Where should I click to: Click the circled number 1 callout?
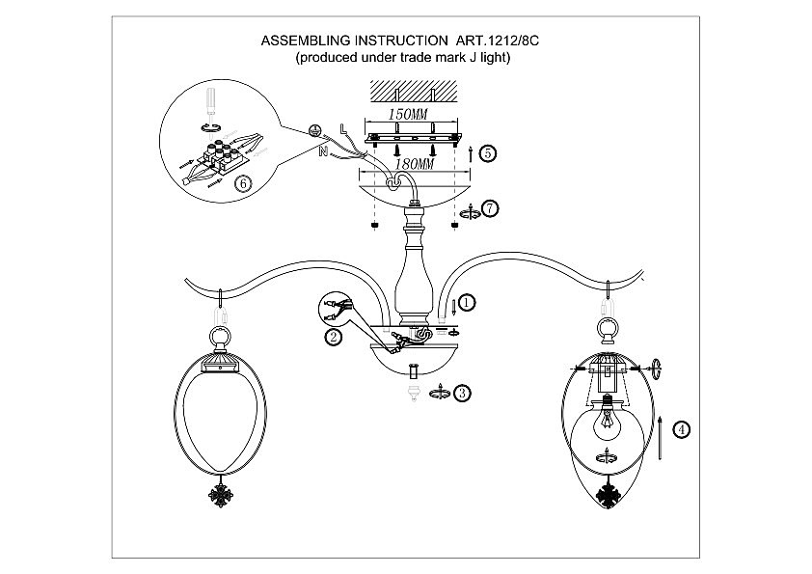pos(467,303)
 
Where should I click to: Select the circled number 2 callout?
pos(333,337)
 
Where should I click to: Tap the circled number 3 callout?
pos(463,393)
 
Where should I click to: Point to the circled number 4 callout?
pos(682,431)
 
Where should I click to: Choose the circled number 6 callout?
pos(243,182)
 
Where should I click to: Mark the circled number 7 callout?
pos(491,208)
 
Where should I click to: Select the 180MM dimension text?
pos(405,165)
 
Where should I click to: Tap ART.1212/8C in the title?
pos(501,43)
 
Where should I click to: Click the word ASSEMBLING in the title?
pos(306,43)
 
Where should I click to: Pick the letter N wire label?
pos(322,150)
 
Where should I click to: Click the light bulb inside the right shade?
pos(608,424)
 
